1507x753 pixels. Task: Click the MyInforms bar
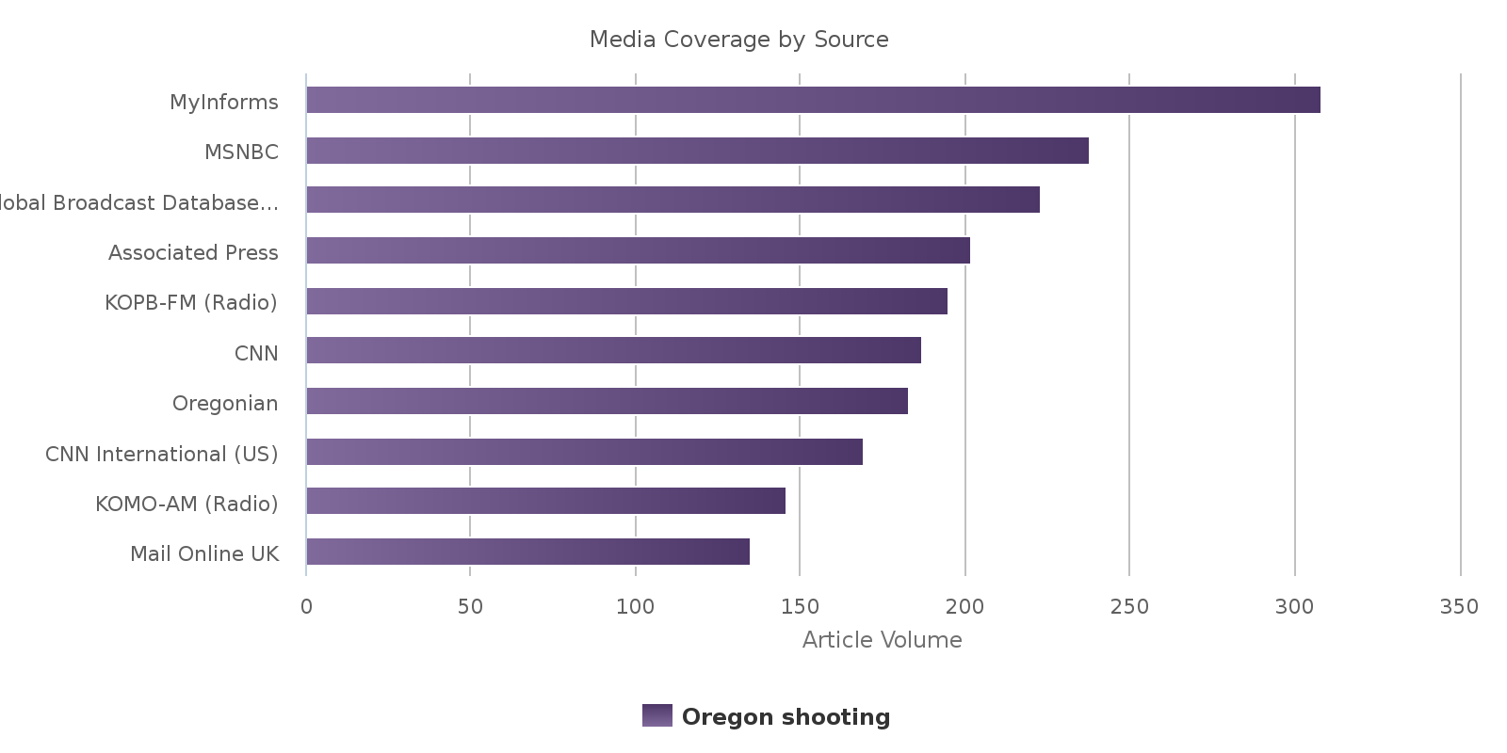pos(813,100)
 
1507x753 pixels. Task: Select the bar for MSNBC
pos(697,151)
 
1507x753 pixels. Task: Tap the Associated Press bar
pos(638,250)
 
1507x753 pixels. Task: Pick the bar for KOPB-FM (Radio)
pos(626,301)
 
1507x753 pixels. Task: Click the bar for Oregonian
pos(607,401)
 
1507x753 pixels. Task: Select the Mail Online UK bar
pos(527,552)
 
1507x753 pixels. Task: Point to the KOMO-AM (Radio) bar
pos(545,501)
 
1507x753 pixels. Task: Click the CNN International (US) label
pos(162,454)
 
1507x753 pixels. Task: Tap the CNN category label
pos(256,353)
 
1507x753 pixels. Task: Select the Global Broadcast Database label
pos(138,202)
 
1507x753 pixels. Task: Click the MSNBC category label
pos(241,152)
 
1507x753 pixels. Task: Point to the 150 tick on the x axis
pos(800,607)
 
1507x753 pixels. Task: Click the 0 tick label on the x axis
pos(306,607)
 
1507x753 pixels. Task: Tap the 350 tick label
pos(1459,607)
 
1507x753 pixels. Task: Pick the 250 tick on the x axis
pos(1129,607)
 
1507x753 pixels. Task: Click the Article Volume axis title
pos(882,640)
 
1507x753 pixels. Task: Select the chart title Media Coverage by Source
pos(738,40)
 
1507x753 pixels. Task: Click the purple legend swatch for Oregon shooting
pos(657,715)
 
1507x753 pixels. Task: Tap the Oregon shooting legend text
pos(786,717)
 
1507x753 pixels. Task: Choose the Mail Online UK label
pos(204,553)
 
